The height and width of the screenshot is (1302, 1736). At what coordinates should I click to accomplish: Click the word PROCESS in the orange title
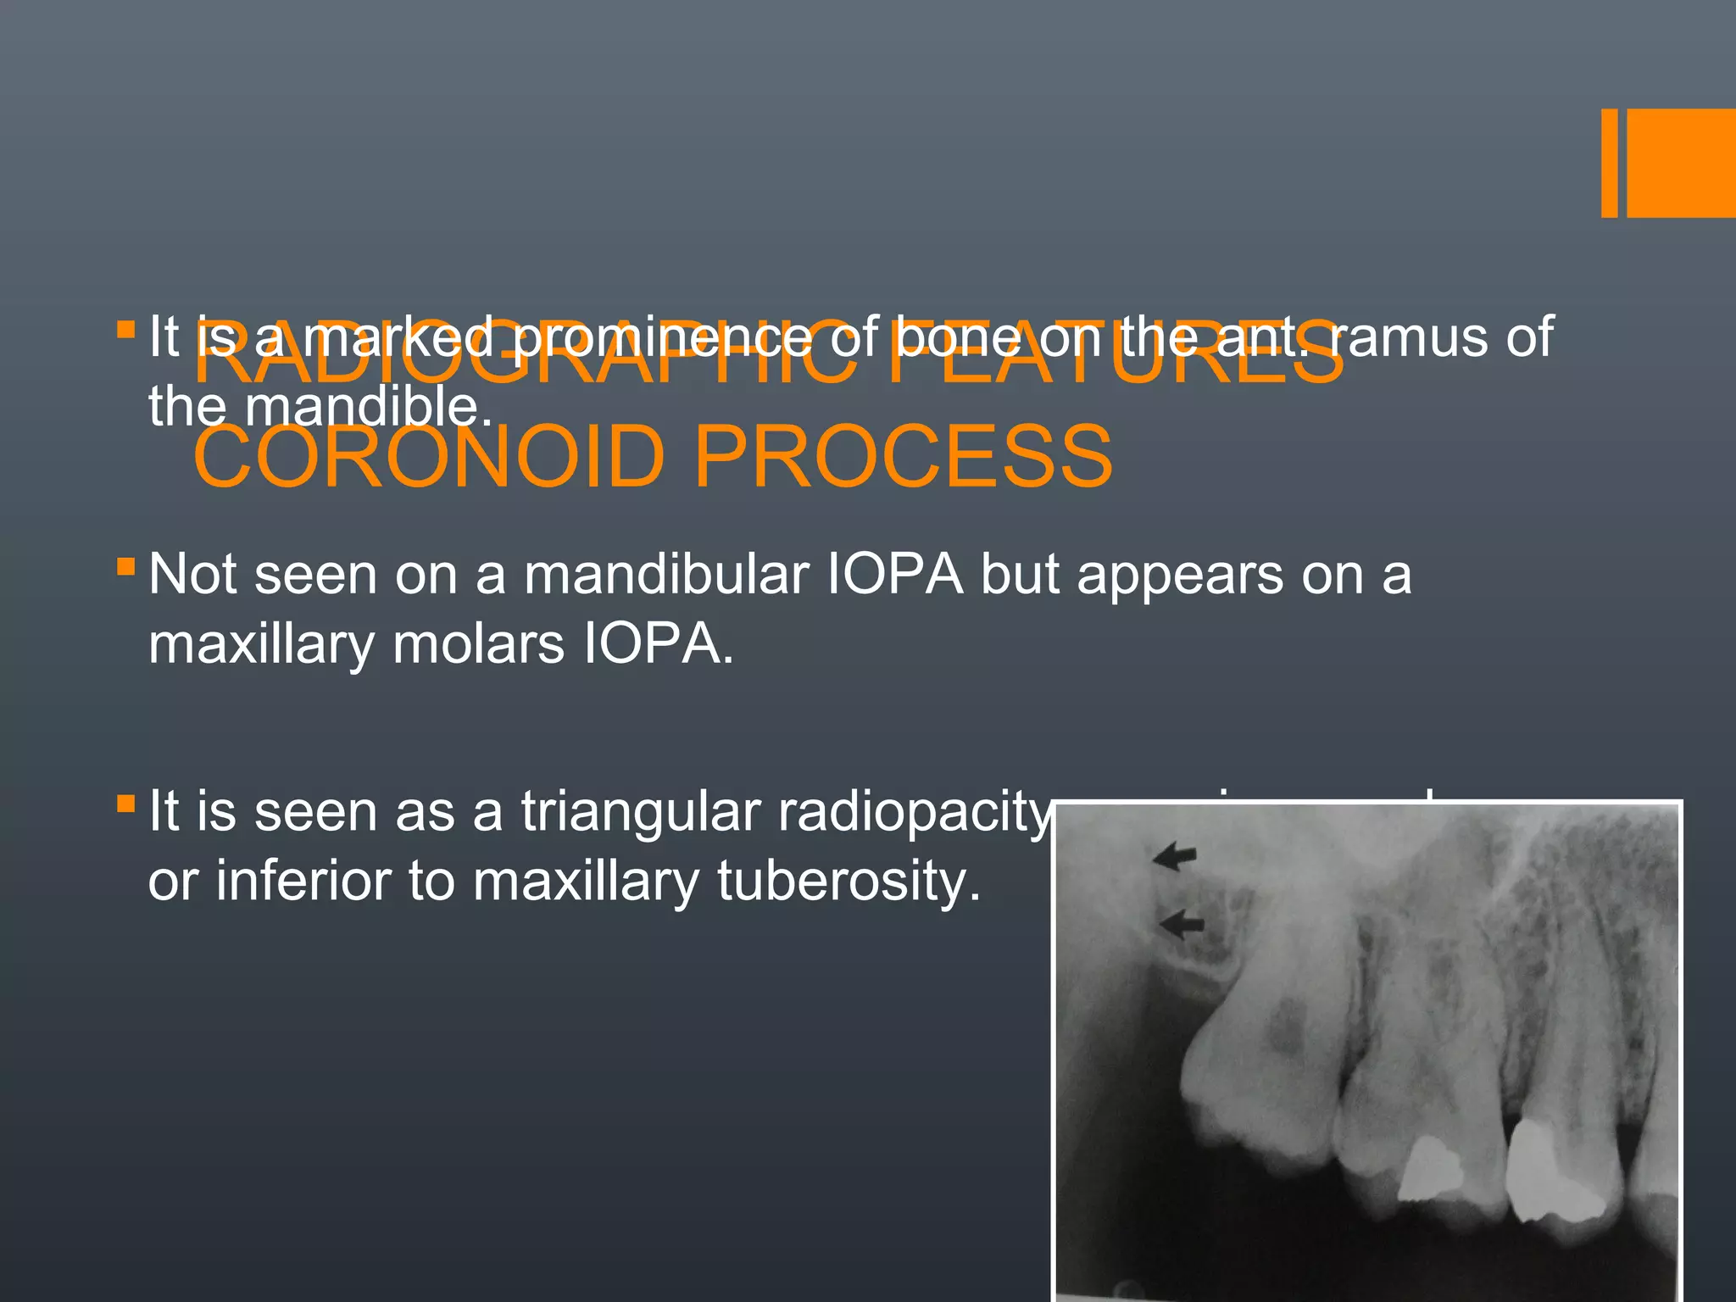tap(903, 457)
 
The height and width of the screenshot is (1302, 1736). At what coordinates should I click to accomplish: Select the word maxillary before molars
tap(261, 645)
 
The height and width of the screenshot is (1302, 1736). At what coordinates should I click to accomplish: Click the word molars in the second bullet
tap(479, 645)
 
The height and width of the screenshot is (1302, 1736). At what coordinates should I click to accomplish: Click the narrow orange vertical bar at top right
tap(1609, 163)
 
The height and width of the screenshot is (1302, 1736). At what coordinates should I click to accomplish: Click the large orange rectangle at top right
tap(1681, 163)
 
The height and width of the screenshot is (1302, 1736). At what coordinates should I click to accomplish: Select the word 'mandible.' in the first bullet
tap(368, 407)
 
